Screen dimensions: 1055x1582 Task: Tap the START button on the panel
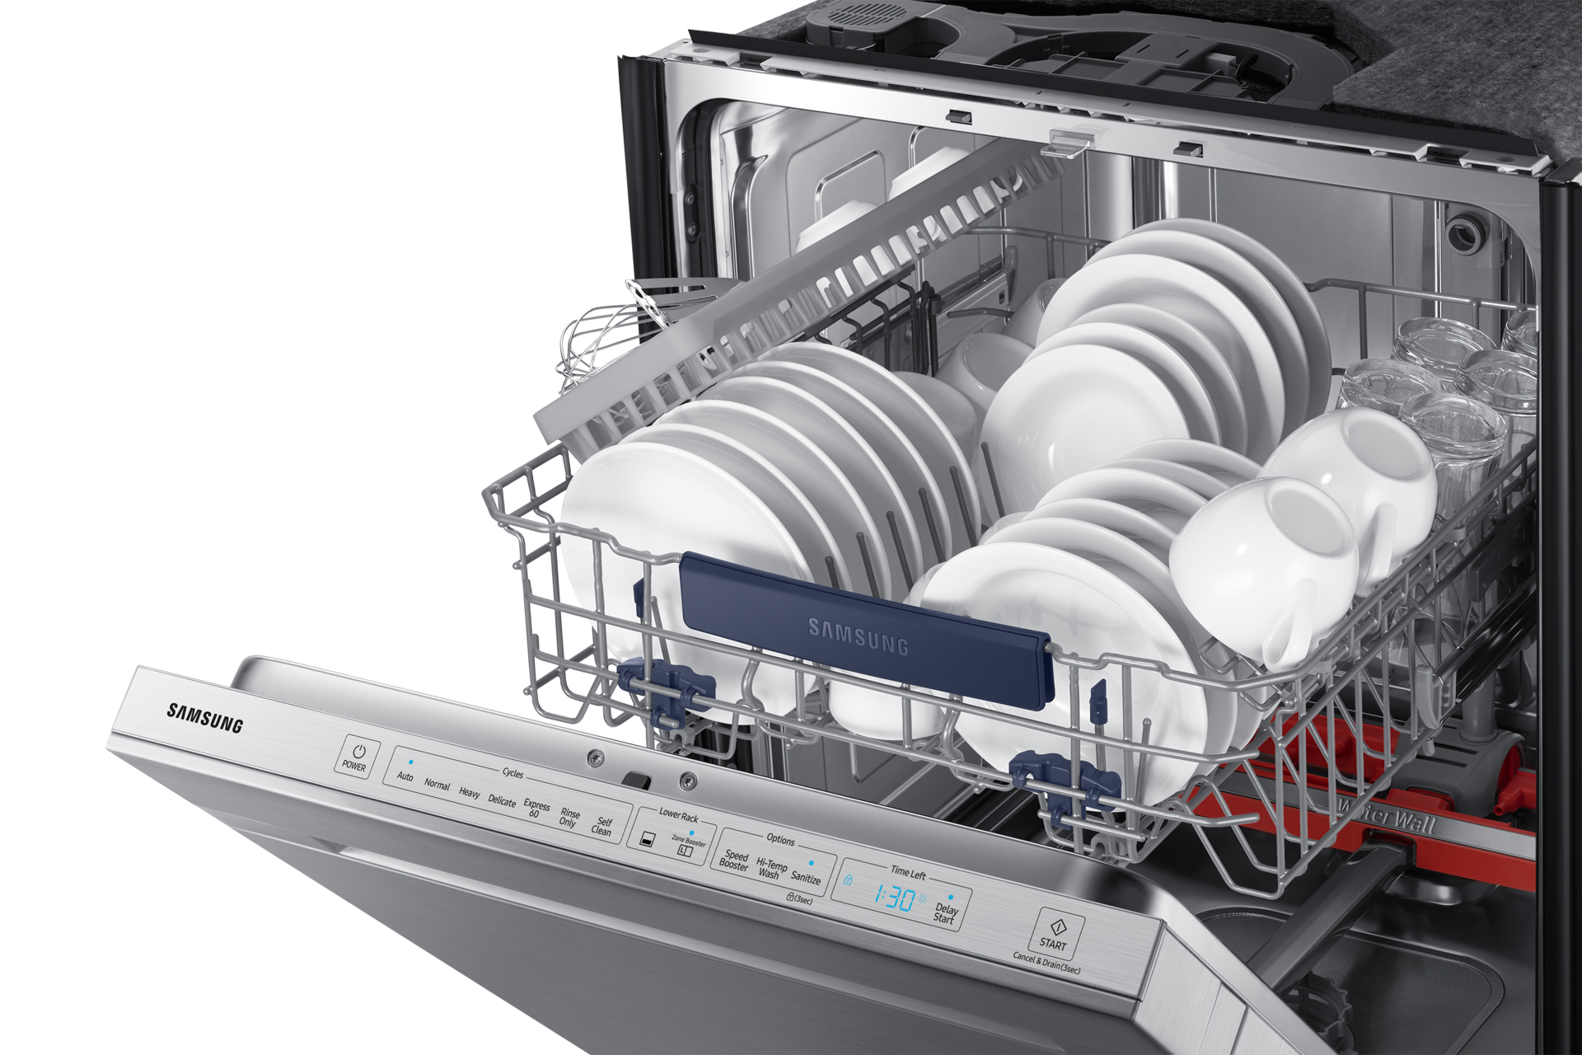(x=1054, y=931)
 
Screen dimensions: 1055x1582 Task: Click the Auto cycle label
(x=405, y=776)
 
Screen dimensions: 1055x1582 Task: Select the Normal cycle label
(x=437, y=785)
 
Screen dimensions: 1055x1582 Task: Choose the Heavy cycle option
(x=469, y=793)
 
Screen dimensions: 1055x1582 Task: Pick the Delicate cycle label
(x=502, y=801)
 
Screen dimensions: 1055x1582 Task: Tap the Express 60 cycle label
(x=536, y=809)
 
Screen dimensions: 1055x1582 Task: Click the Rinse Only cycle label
(x=569, y=818)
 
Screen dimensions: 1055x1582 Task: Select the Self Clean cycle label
(x=602, y=827)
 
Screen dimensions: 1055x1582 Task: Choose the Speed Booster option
(x=734, y=861)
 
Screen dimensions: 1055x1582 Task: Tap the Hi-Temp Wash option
(x=770, y=869)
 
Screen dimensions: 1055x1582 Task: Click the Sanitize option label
(x=806, y=879)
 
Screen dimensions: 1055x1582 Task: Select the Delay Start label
(x=945, y=913)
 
